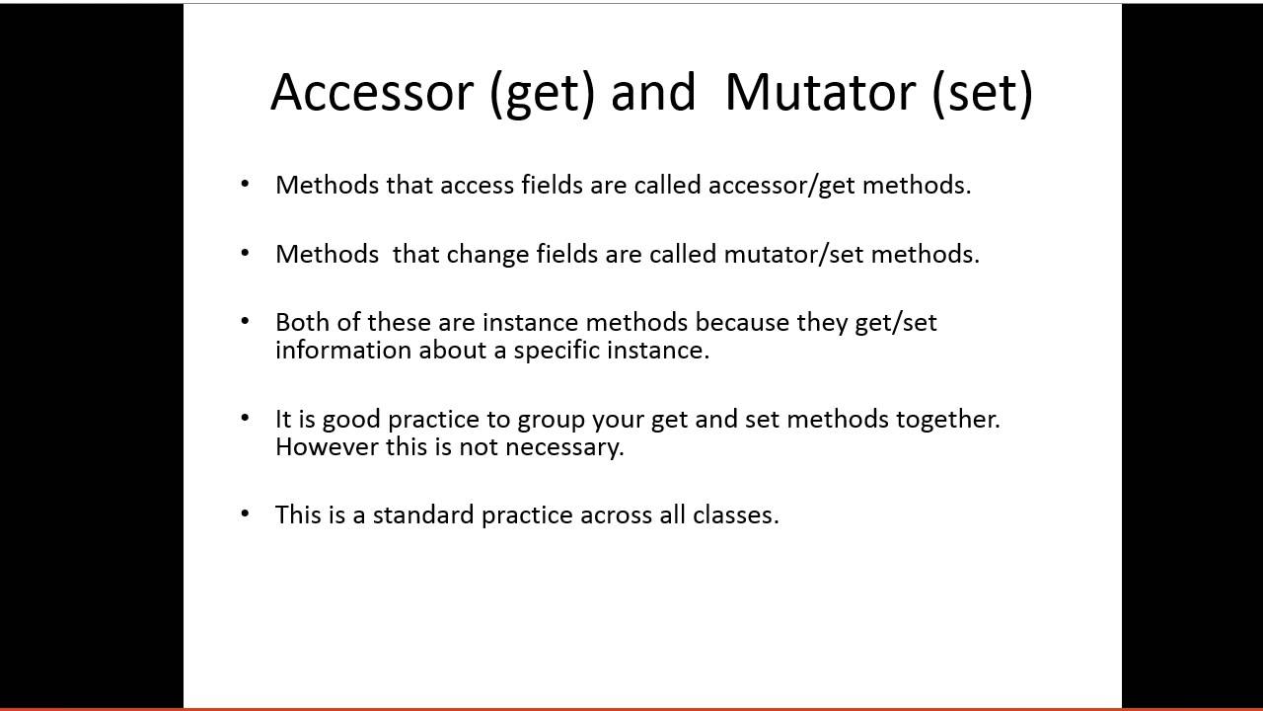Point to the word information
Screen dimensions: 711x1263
click(342, 351)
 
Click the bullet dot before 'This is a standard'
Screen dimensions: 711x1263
click(245, 513)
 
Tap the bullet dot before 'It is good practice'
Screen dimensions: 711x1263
click(245, 418)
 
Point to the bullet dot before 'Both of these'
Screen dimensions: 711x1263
click(245, 321)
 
